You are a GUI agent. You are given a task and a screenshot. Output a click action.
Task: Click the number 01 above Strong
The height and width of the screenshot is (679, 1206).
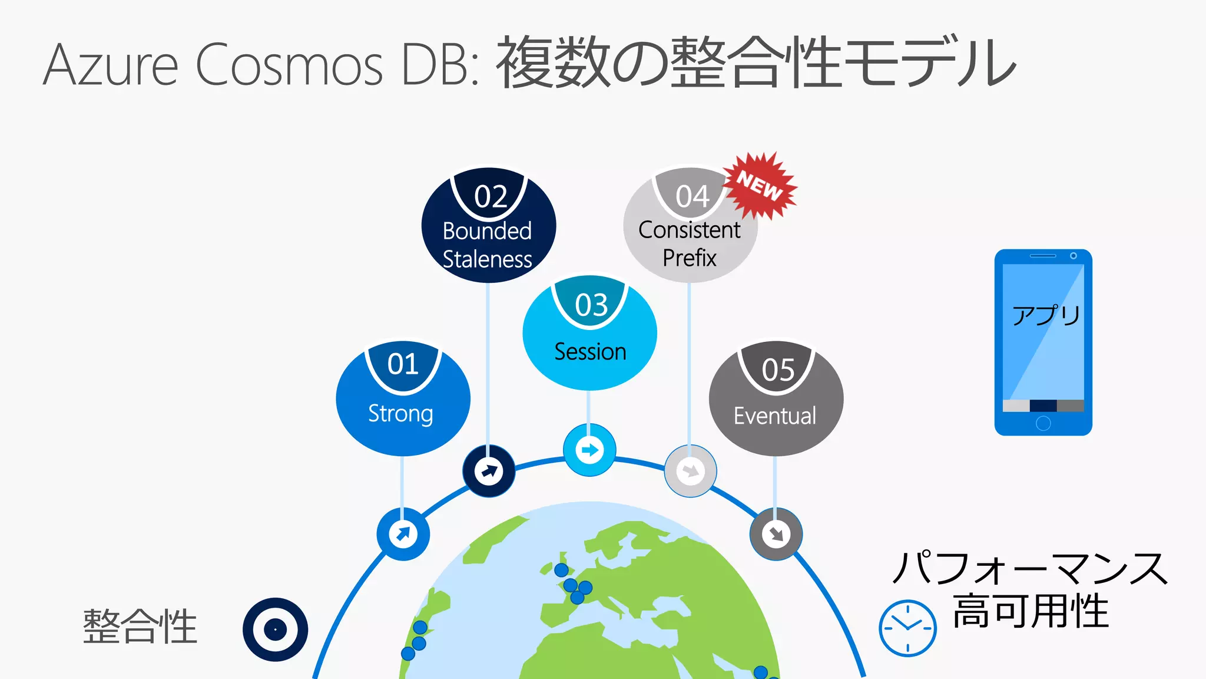(403, 364)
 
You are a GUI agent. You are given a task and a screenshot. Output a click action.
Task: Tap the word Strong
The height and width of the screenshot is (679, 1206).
(400, 414)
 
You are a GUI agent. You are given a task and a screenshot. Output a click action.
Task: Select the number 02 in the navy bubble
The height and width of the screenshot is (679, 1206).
(491, 196)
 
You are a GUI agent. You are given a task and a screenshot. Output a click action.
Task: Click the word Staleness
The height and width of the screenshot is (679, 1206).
(487, 259)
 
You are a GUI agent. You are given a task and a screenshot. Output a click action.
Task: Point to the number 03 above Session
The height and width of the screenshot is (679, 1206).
(591, 305)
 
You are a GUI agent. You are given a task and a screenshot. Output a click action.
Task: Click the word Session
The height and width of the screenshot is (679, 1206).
(590, 352)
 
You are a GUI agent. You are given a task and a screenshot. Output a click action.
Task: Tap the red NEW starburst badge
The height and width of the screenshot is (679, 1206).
(760, 186)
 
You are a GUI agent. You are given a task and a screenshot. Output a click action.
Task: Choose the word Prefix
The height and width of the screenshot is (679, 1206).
(690, 258)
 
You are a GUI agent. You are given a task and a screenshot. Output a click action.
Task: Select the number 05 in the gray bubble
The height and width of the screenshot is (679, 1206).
(778, 370)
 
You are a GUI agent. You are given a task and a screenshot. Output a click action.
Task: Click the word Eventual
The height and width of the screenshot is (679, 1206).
(775, 416)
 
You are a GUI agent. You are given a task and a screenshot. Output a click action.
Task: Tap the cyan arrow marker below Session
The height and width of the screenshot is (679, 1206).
(589, 450)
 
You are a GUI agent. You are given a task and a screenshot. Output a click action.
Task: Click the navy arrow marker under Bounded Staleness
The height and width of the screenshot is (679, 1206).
(489, 471)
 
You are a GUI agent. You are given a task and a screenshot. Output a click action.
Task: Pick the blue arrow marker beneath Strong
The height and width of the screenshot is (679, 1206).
(403, 534)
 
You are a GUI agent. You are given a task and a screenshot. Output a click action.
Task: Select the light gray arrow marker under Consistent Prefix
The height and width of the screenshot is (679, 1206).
(690, 471)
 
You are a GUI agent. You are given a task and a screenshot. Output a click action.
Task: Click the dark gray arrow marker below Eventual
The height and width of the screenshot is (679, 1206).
(776, 534)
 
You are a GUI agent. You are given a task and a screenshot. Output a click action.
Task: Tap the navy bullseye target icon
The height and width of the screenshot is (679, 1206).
(275, 629)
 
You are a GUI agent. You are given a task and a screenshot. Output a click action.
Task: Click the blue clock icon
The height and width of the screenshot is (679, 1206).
(907, 628)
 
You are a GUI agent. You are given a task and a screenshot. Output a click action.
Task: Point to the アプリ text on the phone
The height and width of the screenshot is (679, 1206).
(1046, 315)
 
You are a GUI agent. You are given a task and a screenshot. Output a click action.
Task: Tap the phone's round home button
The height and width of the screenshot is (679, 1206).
(1043, 423)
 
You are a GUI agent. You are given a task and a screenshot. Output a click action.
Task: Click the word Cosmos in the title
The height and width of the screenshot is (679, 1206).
(289, 65)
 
